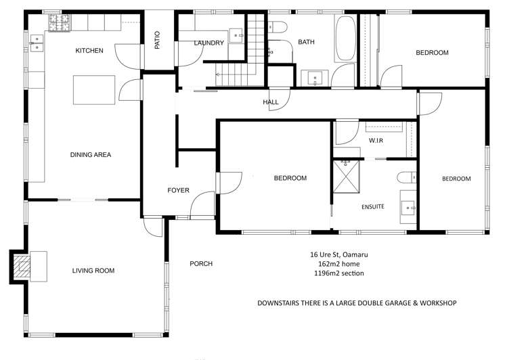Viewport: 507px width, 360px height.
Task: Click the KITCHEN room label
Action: (x=89, y=50)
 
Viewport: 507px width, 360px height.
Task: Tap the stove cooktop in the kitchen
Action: (x=59, y=22)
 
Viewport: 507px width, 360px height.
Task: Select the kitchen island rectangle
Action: (x=94, y=90)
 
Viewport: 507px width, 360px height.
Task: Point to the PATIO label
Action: (x=157, y=40)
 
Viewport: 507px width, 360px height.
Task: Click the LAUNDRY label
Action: (x=209, y=43)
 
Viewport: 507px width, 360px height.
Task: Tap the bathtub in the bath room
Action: (x=346, y=39)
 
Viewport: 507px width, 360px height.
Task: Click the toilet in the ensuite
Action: (x=407, y=177)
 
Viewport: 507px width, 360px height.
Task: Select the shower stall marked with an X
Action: (x=347, y=177)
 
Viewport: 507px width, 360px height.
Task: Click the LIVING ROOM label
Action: (x=93, y=271)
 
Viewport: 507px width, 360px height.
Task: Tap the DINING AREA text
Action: (x=91, y=155)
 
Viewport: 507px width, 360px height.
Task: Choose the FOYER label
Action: (x=178, y=190)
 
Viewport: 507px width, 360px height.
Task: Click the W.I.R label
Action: (x=376, y=141)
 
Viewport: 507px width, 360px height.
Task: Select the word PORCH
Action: (x=201, y=264)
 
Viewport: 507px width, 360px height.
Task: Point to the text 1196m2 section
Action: (x=339, y=273)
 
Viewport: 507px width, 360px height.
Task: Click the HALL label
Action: (x=271, y=102)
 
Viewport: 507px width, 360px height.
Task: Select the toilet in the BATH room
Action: (x=278, y=27)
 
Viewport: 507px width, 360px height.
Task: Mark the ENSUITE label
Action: (x=373, y=207)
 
